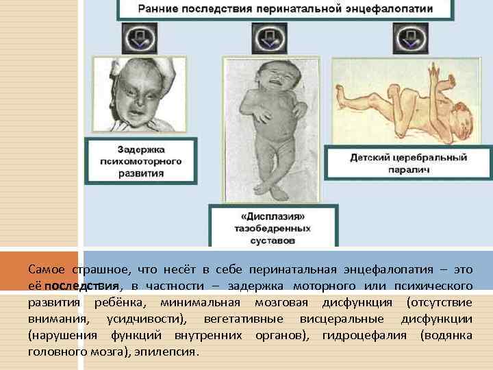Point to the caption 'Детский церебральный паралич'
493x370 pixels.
pyautogui.click(x=408, y=163)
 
